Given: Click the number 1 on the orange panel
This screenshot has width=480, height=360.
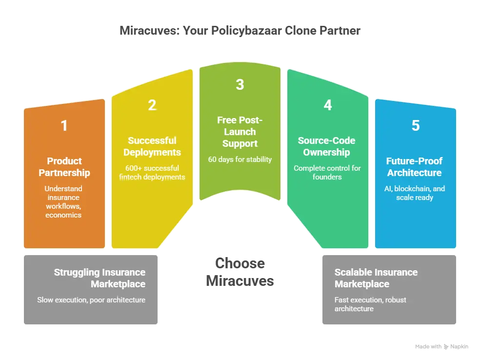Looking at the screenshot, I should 64,126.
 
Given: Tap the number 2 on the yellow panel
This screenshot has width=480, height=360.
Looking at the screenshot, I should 152,105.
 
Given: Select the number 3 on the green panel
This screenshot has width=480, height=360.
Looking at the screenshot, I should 240,84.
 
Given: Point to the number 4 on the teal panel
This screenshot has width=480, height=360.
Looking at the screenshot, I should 327,105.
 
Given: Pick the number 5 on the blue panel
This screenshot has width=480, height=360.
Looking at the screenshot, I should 415,126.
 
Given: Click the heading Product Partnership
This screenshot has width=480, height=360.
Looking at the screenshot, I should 64,166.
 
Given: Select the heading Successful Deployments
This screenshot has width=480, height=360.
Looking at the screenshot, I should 152,146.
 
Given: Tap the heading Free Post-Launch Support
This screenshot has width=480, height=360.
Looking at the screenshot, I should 240,132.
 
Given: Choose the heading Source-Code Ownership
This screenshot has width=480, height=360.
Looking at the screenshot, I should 327,146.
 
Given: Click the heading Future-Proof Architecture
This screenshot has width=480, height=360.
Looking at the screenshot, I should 415,166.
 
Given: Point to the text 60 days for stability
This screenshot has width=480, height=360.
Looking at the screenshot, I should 240,160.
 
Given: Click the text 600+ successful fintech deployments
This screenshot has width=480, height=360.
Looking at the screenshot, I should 152,172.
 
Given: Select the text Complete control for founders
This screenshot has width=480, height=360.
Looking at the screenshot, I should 327,172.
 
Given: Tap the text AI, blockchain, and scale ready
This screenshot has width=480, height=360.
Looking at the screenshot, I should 415,193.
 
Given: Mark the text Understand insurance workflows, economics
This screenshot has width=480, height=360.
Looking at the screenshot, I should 64,201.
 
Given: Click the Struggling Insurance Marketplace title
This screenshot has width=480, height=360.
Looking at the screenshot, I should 100,278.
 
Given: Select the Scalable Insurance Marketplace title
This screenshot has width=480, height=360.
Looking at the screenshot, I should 376,278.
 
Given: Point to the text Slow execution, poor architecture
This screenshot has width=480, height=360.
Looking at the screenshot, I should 91,300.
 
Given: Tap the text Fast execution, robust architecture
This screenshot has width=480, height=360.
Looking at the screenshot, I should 370,304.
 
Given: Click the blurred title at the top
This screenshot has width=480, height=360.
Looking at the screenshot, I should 240,30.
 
